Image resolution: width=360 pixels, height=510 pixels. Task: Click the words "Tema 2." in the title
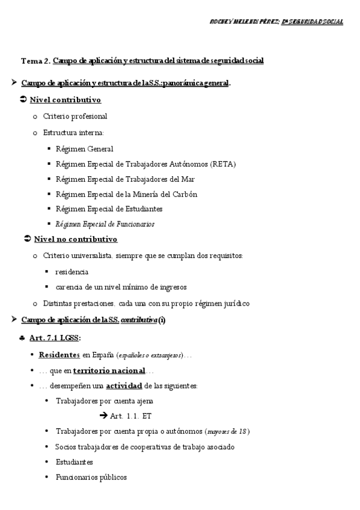(x=35, y=61)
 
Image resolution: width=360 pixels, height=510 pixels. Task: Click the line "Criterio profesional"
(x=75, y=116)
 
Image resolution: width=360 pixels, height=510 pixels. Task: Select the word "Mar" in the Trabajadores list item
(x=203, y=179)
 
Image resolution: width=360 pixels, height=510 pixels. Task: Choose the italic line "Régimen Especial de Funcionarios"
(x=105, y=224)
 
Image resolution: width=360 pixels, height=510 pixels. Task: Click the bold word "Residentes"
(x=59, y=354)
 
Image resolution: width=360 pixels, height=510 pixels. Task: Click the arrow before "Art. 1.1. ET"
(x=103, y=416)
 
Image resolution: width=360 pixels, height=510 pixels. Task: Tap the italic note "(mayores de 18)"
(x=227, y=431)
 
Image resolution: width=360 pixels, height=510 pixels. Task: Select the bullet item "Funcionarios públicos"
(x=91, y=477)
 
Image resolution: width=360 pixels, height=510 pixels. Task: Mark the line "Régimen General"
(x=84, y=149)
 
